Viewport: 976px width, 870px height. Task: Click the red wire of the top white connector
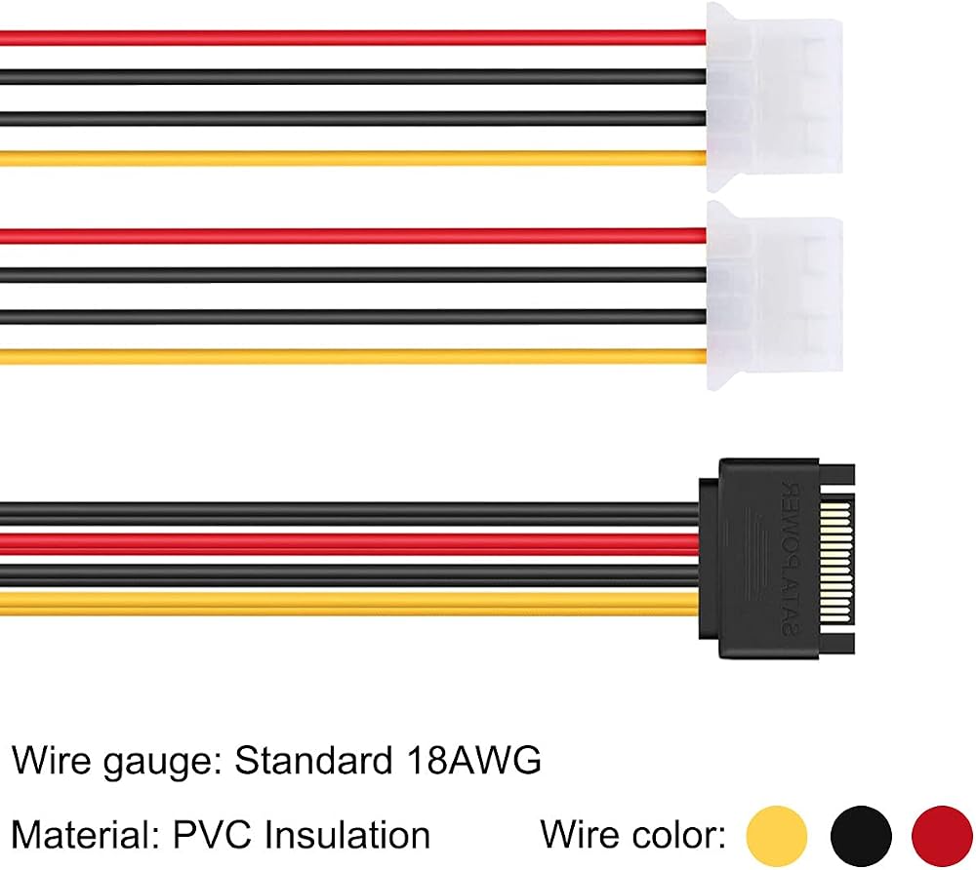click(353, 37)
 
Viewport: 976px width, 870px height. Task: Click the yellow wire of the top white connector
click(353, 159)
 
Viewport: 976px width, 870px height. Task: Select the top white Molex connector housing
click(774, 97)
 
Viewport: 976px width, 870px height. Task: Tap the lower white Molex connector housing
click(774, 296)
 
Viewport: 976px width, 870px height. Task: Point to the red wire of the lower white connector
click(353, 236)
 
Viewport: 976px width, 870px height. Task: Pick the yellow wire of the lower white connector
click(353, 356)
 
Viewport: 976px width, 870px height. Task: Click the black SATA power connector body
click(776, 559)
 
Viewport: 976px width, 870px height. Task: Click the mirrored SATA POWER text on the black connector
click(792, 558)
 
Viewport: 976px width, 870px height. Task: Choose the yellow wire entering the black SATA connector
click(349, 603)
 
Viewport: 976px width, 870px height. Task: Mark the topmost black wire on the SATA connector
click(349, 514)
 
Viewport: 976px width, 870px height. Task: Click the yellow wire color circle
click(777, 836)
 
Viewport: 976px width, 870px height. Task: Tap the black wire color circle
click(861, 836)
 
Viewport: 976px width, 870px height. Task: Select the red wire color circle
click(942, 836)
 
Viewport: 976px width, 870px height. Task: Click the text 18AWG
click(472, 760)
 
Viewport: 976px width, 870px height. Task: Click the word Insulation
click(347, 834)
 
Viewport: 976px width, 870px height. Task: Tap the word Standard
click(313, 760)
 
